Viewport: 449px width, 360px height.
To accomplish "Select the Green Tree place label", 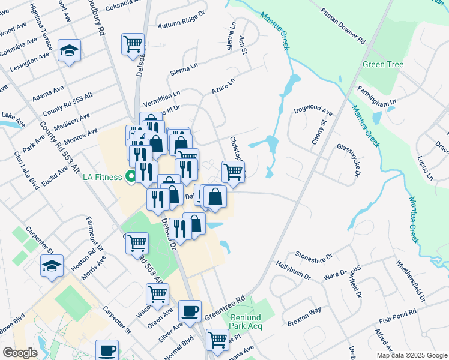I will (x=382, y=64).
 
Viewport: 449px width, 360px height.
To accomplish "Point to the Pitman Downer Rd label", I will (x=343, y=26).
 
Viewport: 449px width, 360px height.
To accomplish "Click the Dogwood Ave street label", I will (x=313, y=111).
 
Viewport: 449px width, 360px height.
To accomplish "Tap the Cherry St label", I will (x=318, y=131).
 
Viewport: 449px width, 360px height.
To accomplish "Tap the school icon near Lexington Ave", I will (x=69, y=51).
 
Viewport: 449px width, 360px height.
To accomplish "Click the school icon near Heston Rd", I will (x=52, y=265).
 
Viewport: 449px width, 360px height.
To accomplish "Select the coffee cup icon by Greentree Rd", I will (x=190, y=311).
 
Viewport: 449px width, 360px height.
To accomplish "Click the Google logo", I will (x=20, y=352).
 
